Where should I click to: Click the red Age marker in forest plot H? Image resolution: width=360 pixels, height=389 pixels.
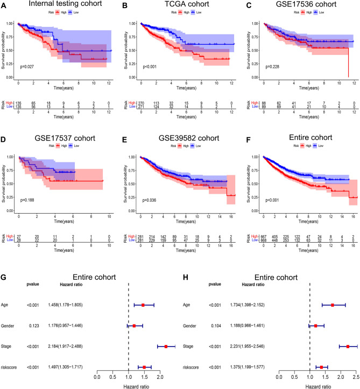click(333, 305)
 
